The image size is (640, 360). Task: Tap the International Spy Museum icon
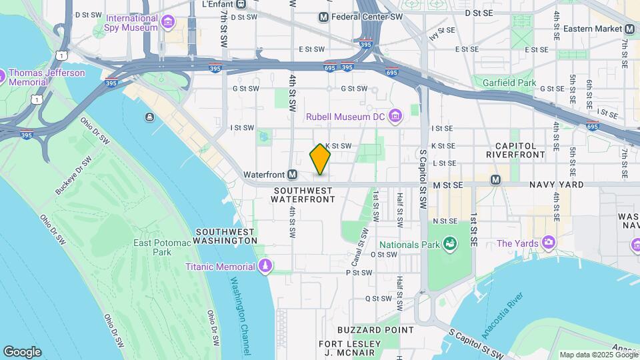167,23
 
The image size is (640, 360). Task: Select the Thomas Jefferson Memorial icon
1,77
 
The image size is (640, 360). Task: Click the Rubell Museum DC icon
395,117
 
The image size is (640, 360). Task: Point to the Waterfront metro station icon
291,175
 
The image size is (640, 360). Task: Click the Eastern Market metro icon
629,29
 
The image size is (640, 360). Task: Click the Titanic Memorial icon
265,267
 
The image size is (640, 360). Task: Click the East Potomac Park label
153,247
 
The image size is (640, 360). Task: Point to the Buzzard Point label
366,330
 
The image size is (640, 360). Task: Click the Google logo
22,352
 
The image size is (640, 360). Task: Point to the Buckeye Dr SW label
73,175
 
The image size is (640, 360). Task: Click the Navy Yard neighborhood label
557,185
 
